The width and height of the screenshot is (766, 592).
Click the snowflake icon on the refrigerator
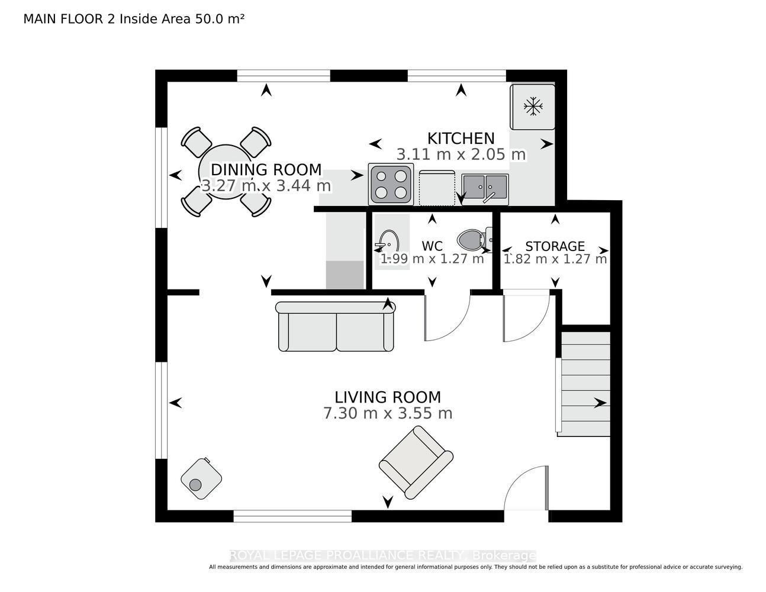[532, 106]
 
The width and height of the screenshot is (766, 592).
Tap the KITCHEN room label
[461, 139]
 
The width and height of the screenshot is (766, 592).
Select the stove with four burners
[391, 184]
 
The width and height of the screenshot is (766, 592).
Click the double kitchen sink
[485, 189]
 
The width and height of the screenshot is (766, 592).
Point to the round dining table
[226, 172]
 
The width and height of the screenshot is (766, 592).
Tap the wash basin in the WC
[387, 243]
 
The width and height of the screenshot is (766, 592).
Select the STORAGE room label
[555, 246]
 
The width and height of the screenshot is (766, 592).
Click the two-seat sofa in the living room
[336, 326]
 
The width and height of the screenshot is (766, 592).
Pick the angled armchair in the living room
[416, 462]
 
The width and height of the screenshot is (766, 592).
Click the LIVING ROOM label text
[387, 397]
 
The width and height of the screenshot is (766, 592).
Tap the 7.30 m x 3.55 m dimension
[387, 413]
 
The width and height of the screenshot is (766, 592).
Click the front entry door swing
[518, 480]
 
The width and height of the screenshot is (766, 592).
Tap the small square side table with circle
[201, 478]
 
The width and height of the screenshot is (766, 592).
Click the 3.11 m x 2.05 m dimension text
[461, 155]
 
